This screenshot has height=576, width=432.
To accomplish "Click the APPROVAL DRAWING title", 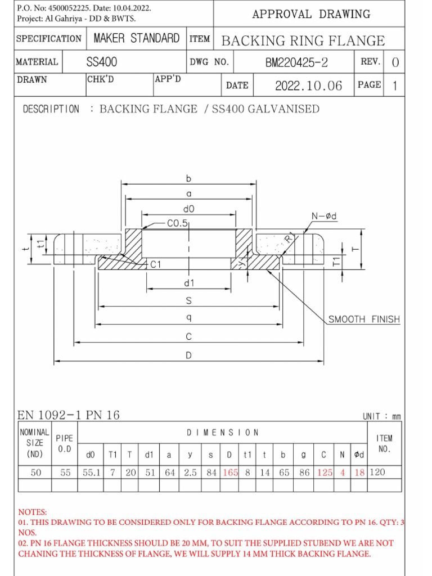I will coord(311,14).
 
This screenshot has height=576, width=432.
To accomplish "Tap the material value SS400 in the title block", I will coord(102,62).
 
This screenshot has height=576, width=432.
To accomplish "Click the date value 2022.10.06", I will coord(308,85).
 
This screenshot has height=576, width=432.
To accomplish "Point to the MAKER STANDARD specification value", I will coord(137,39).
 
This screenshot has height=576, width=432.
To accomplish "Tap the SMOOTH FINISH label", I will coord(364,319).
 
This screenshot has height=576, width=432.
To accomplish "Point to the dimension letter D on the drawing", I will coord(189,355).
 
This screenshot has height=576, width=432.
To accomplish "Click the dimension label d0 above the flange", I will coord(189,209).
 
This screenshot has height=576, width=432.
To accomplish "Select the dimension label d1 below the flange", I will coord(189,282).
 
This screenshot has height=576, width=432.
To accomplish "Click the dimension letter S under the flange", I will coord(189,301).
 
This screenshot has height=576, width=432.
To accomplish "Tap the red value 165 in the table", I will coord(230,472).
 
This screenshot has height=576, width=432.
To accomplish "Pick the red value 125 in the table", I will coord(325,472).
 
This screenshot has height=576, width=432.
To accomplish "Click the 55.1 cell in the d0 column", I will coord(91,472).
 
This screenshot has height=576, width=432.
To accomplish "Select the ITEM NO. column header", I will coord(385,444).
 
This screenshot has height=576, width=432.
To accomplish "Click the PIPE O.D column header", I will coord(65,444).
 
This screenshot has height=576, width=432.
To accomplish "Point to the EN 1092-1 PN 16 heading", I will coord(69,415).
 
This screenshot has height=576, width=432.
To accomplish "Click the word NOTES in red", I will coord(33,512).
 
